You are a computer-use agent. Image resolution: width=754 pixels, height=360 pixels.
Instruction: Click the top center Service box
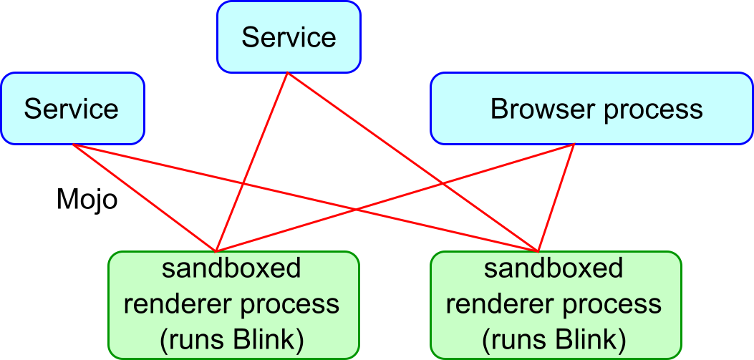288,37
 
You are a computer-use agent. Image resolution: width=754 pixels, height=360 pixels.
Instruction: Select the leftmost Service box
72,108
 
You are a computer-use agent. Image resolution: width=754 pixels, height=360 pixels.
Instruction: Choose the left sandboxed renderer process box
233,304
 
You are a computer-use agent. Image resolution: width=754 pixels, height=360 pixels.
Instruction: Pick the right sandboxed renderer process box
556,304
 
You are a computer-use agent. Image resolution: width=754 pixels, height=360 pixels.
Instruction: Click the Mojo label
87,200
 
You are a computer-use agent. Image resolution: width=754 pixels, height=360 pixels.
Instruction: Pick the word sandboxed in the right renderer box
554,269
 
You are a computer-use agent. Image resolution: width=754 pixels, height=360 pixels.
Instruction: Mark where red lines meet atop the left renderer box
216,250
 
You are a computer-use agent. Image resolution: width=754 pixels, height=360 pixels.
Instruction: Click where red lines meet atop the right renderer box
537,250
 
